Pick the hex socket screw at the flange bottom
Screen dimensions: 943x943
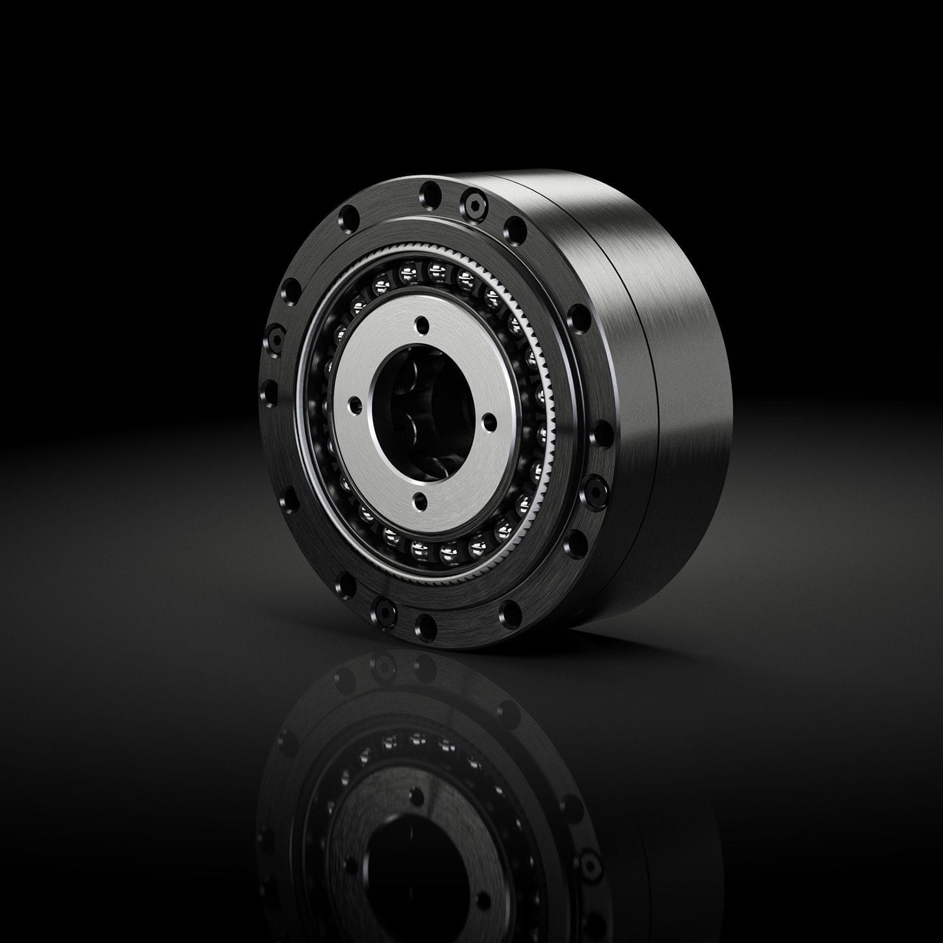coord(384,611)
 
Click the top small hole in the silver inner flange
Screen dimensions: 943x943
coord(423,324)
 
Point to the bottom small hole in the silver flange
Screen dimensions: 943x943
coord(420,501)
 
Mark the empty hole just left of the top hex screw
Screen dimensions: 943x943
coord(430,192)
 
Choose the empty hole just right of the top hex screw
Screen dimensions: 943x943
coord(514,229)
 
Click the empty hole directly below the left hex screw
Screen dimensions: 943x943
coord(269,392)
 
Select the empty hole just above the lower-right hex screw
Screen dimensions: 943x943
coord(602,434)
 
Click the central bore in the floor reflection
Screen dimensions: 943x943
coord(417,860)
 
